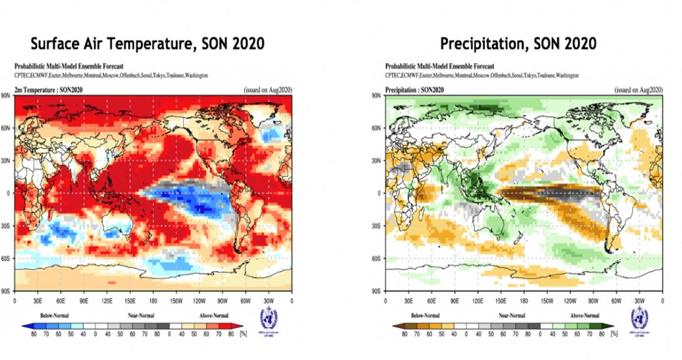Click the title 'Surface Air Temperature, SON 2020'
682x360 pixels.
pos(147,44)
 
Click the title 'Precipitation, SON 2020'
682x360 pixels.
pos(518,44)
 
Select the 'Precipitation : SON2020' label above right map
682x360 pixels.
pos(415,90)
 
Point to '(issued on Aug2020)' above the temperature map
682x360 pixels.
pos(267,90)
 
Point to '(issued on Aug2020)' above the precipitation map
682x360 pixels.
pos(638,90)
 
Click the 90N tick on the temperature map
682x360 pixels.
pos(7,96)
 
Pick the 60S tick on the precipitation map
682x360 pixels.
pos(377,258)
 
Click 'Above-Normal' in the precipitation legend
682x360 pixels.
pos(583,316)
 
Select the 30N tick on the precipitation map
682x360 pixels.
pos(377,160)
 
